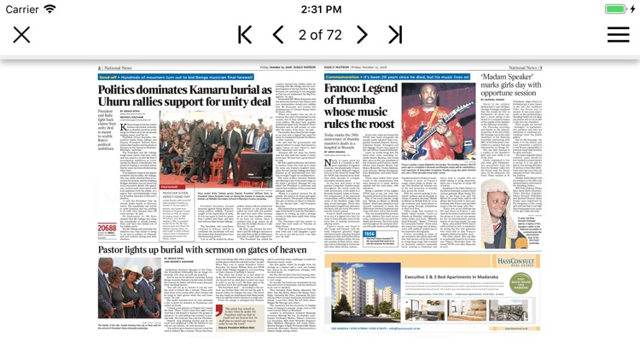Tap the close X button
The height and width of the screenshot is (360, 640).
click(21, 35)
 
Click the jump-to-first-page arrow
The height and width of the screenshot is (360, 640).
click(245, 35)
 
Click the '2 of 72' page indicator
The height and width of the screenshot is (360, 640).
click(320, 35)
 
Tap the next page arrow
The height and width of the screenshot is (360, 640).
click(362, 35)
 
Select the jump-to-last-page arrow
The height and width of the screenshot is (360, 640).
click(395, 35)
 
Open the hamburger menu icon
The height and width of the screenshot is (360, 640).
click(618, 35)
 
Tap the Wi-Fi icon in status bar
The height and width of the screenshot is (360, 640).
click(50, 9)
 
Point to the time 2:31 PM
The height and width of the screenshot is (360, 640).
click(320, 9)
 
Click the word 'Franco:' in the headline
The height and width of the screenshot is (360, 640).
click(346, 89)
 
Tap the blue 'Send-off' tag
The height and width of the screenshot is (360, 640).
click(109, 77)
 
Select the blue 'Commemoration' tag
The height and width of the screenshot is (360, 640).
click(343, 77)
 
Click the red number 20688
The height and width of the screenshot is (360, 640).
click(107, 229)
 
